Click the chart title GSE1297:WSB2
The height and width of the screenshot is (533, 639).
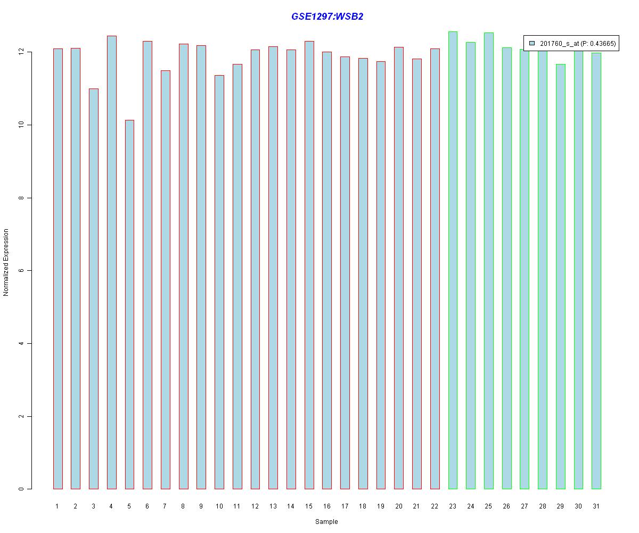(327, 17)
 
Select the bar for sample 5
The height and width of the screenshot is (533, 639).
(129, 304)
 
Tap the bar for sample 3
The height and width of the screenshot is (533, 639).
(93, 288)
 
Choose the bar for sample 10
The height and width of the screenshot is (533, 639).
(219, 282)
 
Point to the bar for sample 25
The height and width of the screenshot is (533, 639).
(488, 261)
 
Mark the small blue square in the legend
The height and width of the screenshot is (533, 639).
(532, 43)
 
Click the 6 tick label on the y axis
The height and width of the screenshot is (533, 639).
(22, 271)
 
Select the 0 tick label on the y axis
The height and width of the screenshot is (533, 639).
(22, 489)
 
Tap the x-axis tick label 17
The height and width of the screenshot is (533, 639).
(345, 506)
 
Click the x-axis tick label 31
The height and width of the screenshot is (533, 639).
(596, 506)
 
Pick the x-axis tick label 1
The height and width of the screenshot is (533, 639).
(57, 506)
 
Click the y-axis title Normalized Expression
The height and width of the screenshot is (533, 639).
(6, 262)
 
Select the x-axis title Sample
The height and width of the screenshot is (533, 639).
(326, 522)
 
